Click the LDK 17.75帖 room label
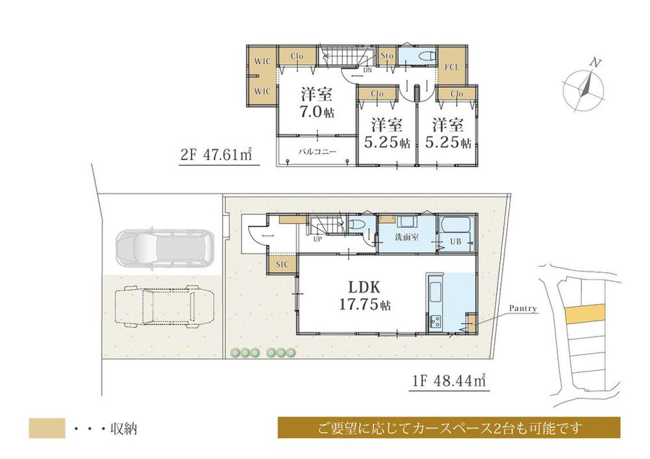(364, 296)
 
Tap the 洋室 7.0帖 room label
(317, 103)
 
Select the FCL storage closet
(452, 67)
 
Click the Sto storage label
(387, 55)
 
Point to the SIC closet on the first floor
(282, 264)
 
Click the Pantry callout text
(523, 309)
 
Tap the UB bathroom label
(456, 242)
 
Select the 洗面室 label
(407, 238)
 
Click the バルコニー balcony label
(318, 151)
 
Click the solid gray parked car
(165, 248)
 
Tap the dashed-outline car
(165, 306)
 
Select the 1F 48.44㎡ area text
(449, 380)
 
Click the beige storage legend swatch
(47, 429)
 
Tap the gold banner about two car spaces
(449, 427)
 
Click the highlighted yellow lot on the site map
(585, 314)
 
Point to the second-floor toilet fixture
(427, 56)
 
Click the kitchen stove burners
(435, 321)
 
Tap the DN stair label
(367, 71)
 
